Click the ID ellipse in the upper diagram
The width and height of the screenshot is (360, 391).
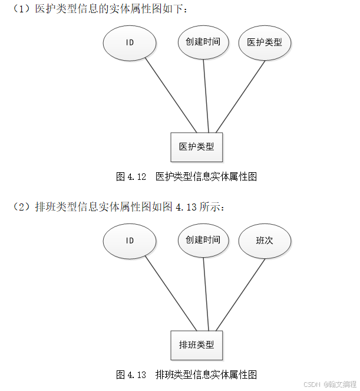[x=130, y=43]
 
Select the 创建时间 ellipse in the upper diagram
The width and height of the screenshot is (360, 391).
[x=203, y=42]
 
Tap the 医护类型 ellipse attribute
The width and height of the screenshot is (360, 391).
[x=265, y=42]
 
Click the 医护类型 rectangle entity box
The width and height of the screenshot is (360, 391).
[x=197, y=147]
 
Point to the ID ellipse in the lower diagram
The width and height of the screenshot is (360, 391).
[x=130, y=241]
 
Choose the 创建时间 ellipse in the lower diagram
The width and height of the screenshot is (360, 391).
[x=203, y=240]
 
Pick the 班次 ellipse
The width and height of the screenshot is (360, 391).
[x=265, y=241]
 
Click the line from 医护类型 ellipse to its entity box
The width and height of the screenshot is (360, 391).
[x=242, y=94]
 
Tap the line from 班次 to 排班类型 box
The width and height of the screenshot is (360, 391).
[x=242, y=293]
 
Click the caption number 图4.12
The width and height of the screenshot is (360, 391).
[x=131, y=176]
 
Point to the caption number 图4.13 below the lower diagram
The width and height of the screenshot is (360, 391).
[x=131, y=374]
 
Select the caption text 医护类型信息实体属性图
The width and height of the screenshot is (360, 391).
[x=206, y=176]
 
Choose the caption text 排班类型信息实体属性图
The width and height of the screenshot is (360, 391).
[x=206, y=374]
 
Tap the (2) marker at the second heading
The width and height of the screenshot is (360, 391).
[x=22, y=207]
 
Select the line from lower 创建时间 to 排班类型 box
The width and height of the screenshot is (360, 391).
[x=206, y=293]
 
